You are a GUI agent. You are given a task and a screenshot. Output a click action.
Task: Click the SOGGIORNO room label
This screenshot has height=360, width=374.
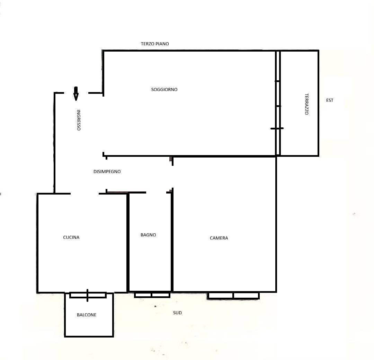click(164, 89)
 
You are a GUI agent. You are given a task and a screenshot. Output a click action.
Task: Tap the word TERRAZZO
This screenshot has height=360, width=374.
click(307, 104)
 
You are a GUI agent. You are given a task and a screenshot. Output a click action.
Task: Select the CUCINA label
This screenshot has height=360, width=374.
click(71, 237)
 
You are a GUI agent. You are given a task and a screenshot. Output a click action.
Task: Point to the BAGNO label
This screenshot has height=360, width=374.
click(148, 235)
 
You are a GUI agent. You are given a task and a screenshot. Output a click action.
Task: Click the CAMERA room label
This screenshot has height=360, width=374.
click(219, 238)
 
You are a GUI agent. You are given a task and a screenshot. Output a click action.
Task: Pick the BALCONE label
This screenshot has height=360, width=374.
click(87, 315)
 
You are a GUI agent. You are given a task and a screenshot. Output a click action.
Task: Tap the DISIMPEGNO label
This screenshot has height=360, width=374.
click(107, 171)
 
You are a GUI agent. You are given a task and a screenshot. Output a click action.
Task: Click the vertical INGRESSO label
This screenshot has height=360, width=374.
click(79, 120)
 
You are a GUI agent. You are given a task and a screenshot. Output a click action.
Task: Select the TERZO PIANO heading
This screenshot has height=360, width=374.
click(155, 44)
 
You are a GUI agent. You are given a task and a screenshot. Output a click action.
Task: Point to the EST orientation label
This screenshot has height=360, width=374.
click(330, 100)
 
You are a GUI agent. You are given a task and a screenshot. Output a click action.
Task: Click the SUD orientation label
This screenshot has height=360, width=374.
click(177, 313)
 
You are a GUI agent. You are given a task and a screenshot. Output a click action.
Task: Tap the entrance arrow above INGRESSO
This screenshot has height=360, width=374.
click(76, 93)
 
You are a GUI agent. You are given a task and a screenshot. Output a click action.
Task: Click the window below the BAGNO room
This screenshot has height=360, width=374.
click(152, 295)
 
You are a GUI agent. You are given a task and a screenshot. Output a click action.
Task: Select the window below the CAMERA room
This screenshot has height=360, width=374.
click(233, 296)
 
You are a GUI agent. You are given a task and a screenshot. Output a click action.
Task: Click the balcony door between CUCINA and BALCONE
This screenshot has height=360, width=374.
click(88, 295)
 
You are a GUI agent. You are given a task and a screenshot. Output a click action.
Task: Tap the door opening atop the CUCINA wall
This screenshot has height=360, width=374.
click(85, 193)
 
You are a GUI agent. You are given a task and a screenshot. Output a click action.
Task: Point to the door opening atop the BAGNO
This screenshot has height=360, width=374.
click(156, 192)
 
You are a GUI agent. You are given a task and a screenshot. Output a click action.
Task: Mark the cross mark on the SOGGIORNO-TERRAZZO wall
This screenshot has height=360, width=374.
click(277, 128)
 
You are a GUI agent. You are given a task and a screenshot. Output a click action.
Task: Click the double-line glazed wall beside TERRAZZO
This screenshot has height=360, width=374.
click(278, 103)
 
